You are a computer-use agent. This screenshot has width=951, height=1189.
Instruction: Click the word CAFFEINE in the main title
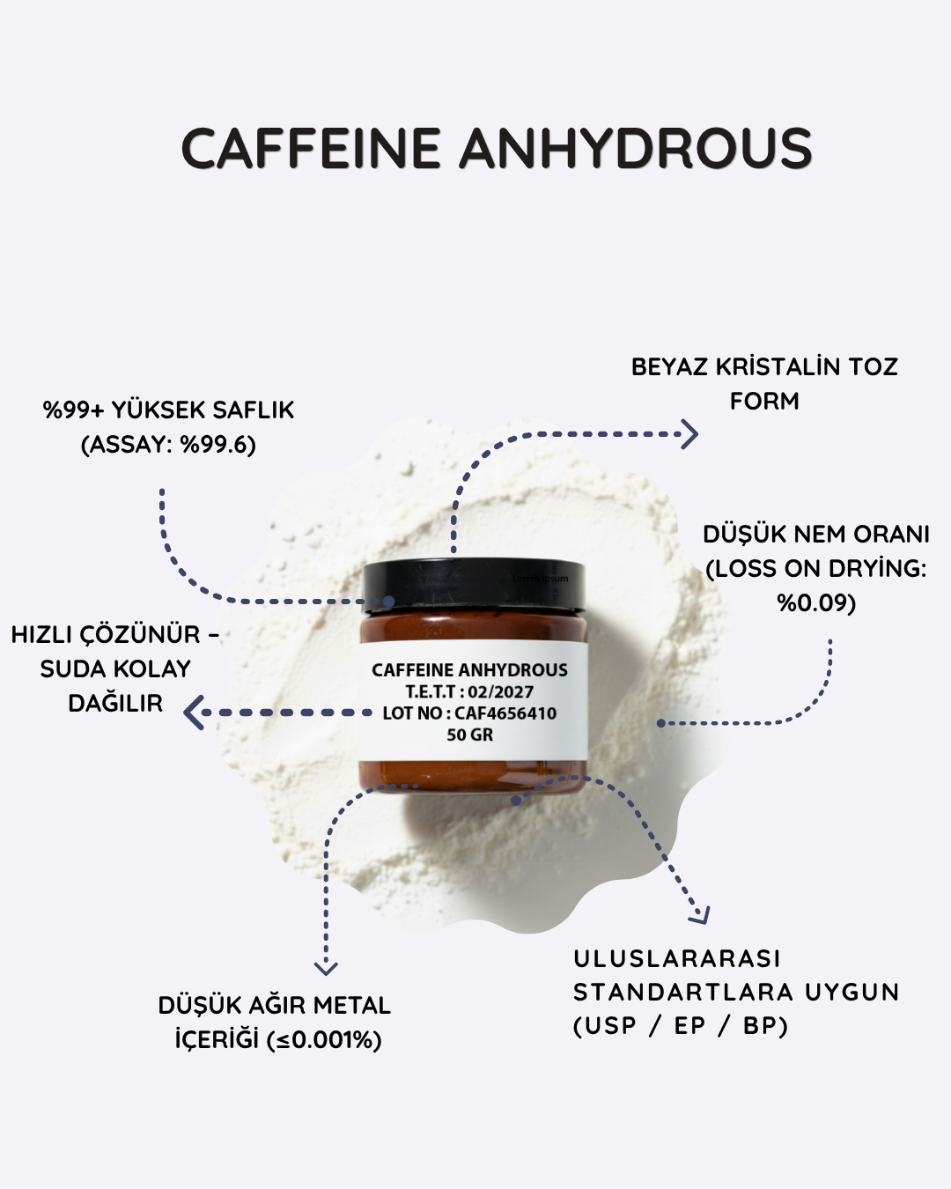coord(311,148)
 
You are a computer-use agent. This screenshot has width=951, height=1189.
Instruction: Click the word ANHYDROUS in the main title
coord(636,148)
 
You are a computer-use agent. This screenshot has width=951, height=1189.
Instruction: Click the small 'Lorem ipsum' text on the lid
coord(540,579)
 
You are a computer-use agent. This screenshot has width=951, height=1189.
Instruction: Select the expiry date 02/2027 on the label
coord(501,691)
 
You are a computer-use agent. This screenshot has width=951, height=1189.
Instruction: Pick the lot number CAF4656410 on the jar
coord(505,713)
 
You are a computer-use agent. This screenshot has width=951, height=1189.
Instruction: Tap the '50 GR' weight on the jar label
coord(469,735)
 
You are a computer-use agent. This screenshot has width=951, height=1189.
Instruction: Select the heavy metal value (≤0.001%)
coord(324,1040)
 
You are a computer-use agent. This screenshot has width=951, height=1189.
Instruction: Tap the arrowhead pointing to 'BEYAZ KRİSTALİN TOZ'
coord(689,434)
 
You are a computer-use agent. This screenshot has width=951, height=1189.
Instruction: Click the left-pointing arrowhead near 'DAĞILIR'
coord(194,713)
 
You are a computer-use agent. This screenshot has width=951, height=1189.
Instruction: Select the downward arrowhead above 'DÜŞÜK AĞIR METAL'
coord(326,968)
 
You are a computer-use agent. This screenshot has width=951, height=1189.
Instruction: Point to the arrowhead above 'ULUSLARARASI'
coord(699,914)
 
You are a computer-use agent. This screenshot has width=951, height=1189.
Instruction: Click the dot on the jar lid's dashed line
coord(389,602)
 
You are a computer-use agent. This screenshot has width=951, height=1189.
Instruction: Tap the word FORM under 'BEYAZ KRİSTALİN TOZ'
coord(764,401)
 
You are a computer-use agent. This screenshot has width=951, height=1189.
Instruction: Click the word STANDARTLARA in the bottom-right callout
coord(685,992)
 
